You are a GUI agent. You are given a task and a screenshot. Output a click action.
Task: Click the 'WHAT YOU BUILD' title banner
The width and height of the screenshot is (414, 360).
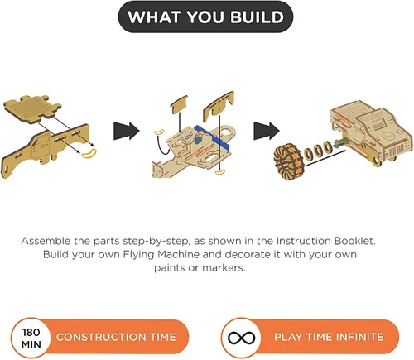click(x=205, y=17)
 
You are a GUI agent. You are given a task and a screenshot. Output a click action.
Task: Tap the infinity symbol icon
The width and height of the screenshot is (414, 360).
click(x=241, y=338)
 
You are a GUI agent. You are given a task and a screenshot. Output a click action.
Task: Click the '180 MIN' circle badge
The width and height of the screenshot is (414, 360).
click(x=31, y=338)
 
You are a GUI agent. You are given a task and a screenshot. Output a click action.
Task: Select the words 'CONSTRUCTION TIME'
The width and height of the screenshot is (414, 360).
click(x=116, y=337)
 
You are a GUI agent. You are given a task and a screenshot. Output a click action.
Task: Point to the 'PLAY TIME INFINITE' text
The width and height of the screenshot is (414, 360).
click(x=329, y=337)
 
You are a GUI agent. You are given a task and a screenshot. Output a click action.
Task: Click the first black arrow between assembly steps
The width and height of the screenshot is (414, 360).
click(x=127, y=131)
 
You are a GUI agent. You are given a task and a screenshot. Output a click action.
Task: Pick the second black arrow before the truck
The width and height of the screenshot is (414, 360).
click(x=267, y=131)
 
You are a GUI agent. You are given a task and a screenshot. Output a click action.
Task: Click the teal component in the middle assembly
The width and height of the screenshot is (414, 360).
click(x=198, y=140)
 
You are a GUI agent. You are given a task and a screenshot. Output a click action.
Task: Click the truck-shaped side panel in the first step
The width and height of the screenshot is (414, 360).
click(x=46, y=147)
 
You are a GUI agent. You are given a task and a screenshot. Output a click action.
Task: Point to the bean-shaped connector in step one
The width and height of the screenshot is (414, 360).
click(x=89, y=153)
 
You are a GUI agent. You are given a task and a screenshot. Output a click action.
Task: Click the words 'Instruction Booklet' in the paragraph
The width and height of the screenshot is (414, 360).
click(x=325, y=241)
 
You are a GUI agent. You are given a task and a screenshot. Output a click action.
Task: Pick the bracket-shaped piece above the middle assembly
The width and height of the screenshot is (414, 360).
click(x=219, y=106)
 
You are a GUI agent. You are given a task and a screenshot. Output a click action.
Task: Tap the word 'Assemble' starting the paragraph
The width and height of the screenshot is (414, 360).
click(x=46, y=241)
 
